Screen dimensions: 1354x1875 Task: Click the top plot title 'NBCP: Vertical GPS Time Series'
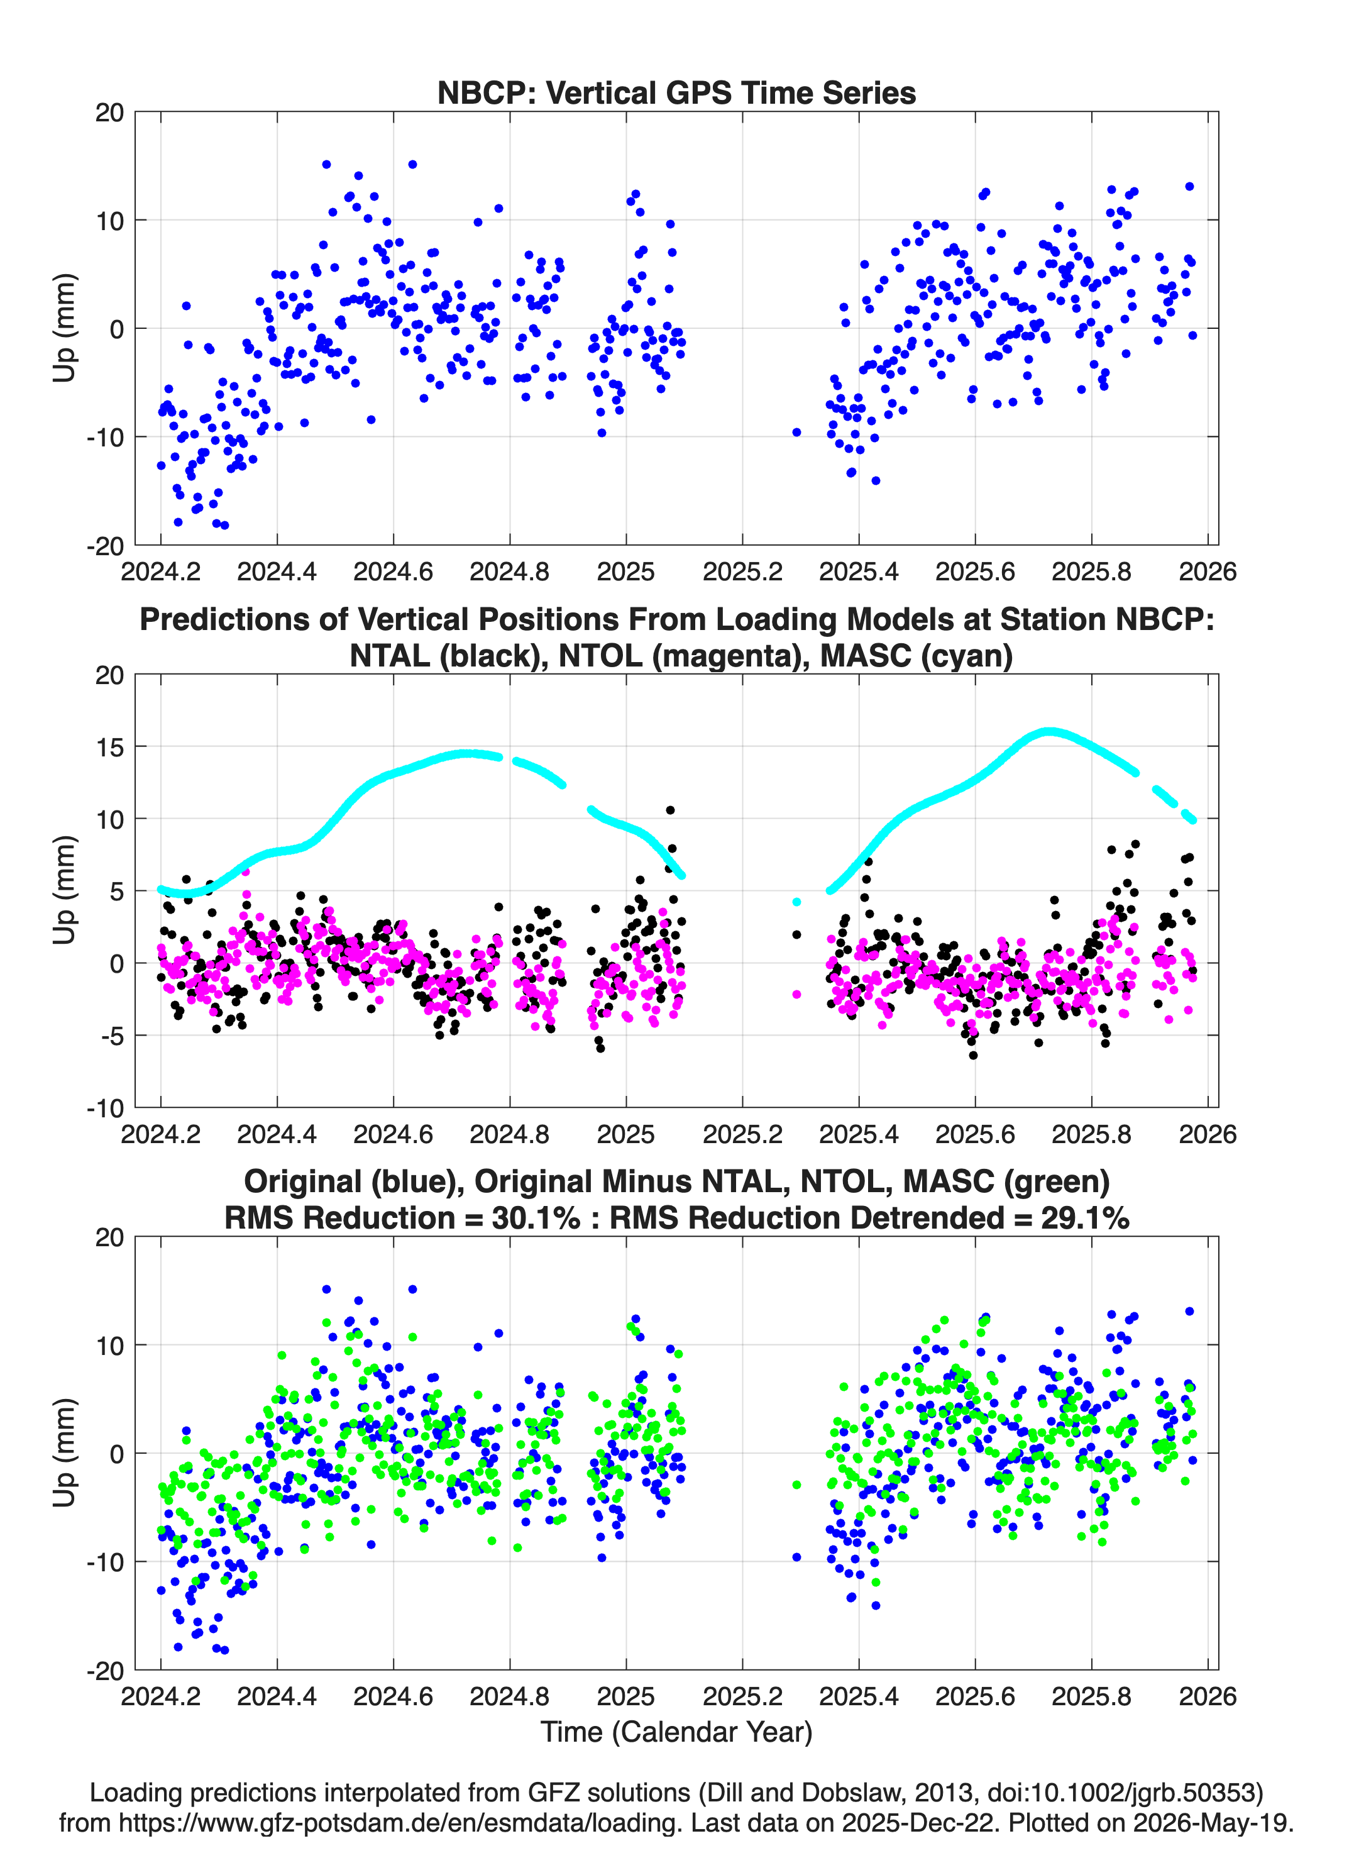tap(676, 92)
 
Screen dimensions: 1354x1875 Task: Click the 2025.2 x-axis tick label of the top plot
tap(742, 572)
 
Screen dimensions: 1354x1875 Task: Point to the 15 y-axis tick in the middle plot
tap(109, 746)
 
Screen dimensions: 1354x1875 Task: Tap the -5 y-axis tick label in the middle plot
tap(106, 1035)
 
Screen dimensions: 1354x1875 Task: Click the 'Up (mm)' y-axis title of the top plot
tap(65, 328)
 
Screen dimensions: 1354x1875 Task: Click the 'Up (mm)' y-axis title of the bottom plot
tap(65, 1452)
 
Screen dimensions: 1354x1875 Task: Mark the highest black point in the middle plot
tap(670, 810)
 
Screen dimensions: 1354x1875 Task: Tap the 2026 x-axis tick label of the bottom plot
tap(1208, 1696)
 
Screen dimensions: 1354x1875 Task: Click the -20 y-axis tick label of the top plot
tap(106, 546)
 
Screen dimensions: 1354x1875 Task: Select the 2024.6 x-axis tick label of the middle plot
tap(394, 1134)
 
